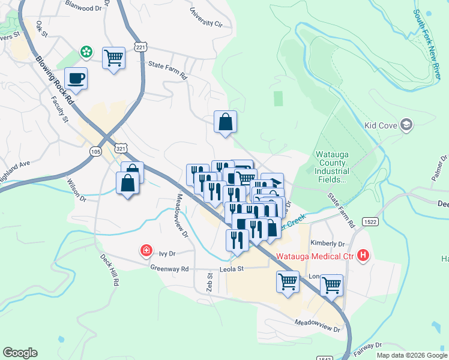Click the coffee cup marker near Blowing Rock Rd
(76, 78)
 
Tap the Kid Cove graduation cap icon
(407, 125)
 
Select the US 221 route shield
(140, 47)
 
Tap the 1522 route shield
(370, 222)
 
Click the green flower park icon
(87, 52)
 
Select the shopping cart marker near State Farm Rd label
(113, 58)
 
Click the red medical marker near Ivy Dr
(145, 250)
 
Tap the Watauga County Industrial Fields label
(331, 167)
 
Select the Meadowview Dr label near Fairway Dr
(317, 326)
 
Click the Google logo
(20, 353)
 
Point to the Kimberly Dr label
(328, 244)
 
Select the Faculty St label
(60, 109)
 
